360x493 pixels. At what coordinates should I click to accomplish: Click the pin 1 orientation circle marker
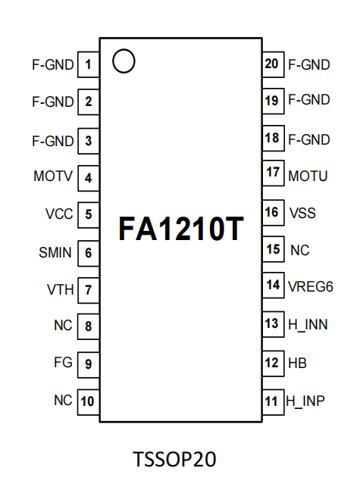[124, 61]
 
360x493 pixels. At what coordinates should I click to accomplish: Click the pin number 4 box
[89, 178]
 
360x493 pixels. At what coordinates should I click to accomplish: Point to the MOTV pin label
[53, 177]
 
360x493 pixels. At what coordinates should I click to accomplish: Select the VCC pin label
[59, 214]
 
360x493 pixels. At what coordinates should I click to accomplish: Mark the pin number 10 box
[89, 401]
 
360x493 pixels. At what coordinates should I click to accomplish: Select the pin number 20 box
[271, 64]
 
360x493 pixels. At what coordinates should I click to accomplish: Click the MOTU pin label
[308, 176]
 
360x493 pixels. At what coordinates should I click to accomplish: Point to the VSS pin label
[302, 214]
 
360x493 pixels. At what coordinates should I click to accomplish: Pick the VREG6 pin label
[311, 286]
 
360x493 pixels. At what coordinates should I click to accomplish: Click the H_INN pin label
[307, 325]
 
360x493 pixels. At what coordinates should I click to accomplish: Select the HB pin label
[297, 363]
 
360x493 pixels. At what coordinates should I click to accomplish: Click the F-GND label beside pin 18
[309, 139]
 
